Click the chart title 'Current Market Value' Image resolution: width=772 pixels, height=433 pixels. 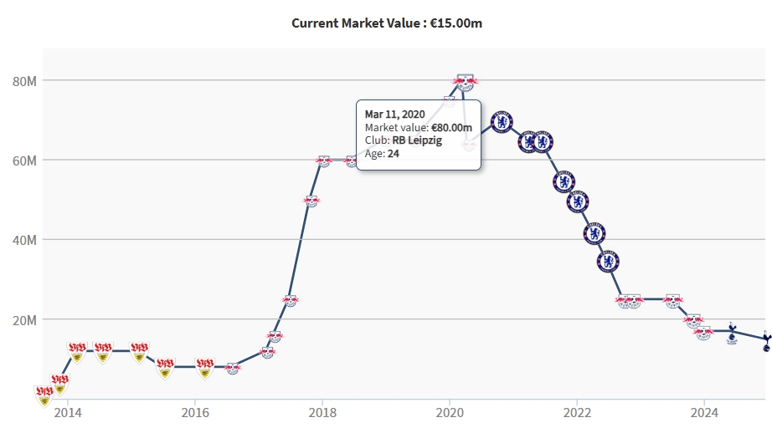386,23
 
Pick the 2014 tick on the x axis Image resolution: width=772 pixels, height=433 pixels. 68,412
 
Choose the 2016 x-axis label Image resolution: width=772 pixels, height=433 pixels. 195,412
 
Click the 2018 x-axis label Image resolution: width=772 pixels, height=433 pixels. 322,412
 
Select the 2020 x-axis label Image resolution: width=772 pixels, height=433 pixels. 450,412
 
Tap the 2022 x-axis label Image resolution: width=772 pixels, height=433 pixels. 577,412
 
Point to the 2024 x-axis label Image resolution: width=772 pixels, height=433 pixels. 704,412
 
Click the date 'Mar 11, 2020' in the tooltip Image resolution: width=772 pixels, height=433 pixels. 395,114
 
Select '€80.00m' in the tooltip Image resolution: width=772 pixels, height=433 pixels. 451,127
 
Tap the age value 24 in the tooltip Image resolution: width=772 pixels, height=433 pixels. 394,154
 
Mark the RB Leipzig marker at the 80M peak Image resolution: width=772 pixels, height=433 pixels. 465,81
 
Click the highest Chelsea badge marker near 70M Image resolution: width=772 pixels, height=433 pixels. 501,123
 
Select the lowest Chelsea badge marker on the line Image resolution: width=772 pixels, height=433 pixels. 609,262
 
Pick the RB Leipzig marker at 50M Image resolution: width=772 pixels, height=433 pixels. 311,201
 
